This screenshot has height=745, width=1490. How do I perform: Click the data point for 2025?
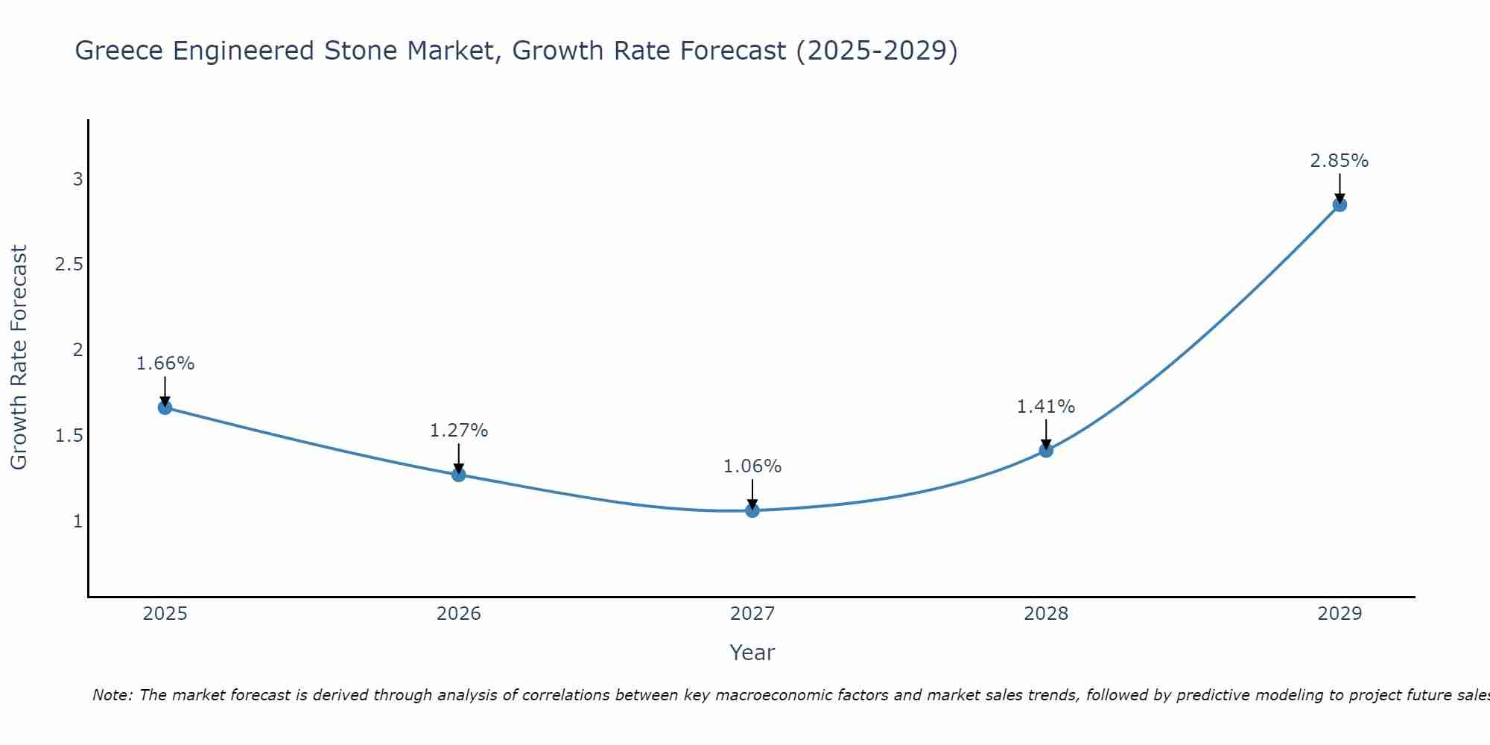(x=165, y=408)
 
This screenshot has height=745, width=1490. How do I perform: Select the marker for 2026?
(x=459, y=475)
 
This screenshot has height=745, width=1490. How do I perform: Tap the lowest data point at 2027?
(x=752, y=510)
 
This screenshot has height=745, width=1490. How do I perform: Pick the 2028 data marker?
(x=1046, y=450)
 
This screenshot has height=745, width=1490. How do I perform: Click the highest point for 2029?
(x=1340, y=205)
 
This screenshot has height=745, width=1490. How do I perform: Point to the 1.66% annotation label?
(x=165, y=364)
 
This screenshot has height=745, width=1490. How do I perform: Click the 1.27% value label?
(x=459, y=431)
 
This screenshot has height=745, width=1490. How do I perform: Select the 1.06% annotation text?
(x=752, y=466)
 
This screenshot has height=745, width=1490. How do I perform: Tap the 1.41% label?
(x=1046, y=407)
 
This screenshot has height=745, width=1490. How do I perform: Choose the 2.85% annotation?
(x=1340, y=161)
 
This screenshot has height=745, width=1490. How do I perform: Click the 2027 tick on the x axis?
(x=752, y=614)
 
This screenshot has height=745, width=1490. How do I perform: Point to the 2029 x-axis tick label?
(x=1340, y=614)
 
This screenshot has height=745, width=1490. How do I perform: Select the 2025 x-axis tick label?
(x=165, y=614)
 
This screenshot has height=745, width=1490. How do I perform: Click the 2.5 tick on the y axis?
(x=69, y=264)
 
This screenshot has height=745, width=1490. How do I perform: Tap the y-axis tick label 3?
(x=77, y=180)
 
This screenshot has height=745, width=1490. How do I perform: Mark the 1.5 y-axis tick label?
(x=69, y=436)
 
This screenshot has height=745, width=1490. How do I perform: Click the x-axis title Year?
(x=752, y=653)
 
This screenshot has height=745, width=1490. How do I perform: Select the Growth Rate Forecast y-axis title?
(x=19, y=358)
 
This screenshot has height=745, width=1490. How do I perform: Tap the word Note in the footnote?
(x=112, y=695)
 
